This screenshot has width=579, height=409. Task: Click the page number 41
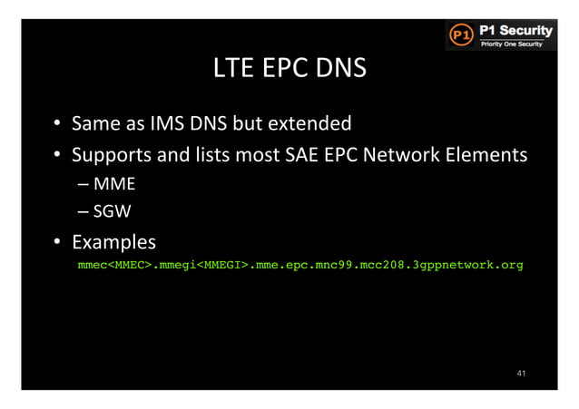pyautogui.click(x=521, y=371)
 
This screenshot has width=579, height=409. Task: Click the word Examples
pyautogui.click(x=113, y=243)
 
